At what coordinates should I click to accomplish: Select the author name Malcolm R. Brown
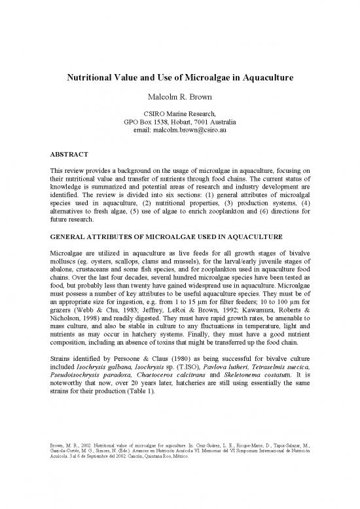coord(179,98)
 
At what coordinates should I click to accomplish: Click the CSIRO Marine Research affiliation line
coord(179,114)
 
